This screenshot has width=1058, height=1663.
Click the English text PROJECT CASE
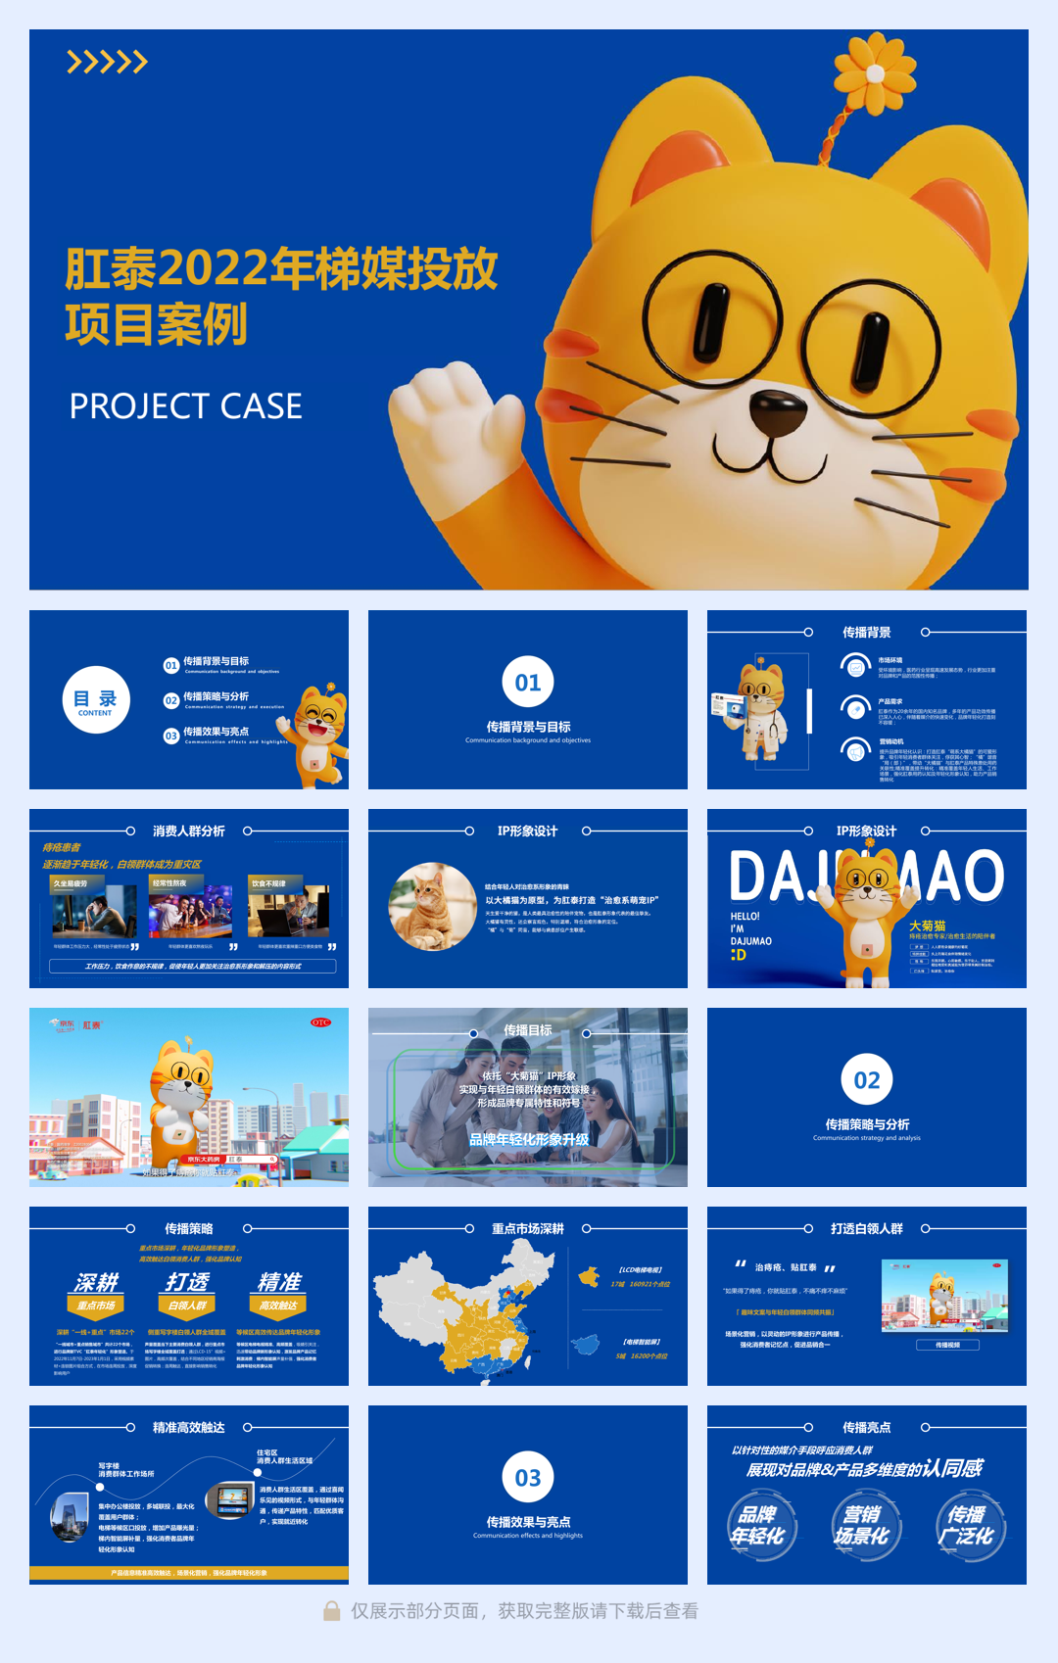click(x=185, y=406)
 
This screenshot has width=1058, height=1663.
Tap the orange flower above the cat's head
click(x=874, y=73)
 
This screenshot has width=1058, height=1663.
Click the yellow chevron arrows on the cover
click(x=107, y=63)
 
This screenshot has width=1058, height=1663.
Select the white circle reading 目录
click(x=95, y=699)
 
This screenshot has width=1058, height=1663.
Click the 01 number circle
click(x=528, y=683)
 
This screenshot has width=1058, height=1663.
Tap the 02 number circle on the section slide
click(x=867, y=1080)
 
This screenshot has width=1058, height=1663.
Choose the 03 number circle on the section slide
click(x=528, y=1478)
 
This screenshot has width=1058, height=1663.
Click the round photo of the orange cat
click(x=432, y=907)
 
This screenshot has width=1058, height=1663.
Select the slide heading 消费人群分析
click(x=189, y=831)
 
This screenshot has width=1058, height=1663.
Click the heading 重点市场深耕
click(x=528, y=1229)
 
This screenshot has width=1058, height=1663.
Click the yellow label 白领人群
click(x=187, y=1306)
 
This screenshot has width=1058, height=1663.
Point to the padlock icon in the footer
click(x=332, y=1611)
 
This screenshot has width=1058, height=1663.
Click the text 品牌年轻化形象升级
click(x=529, y=1139)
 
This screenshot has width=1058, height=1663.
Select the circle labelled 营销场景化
click(x=862, y=1525)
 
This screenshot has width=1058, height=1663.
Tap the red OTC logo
click(x=320, y=1022)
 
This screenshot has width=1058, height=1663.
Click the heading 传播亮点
click(x=867, y=1428)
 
